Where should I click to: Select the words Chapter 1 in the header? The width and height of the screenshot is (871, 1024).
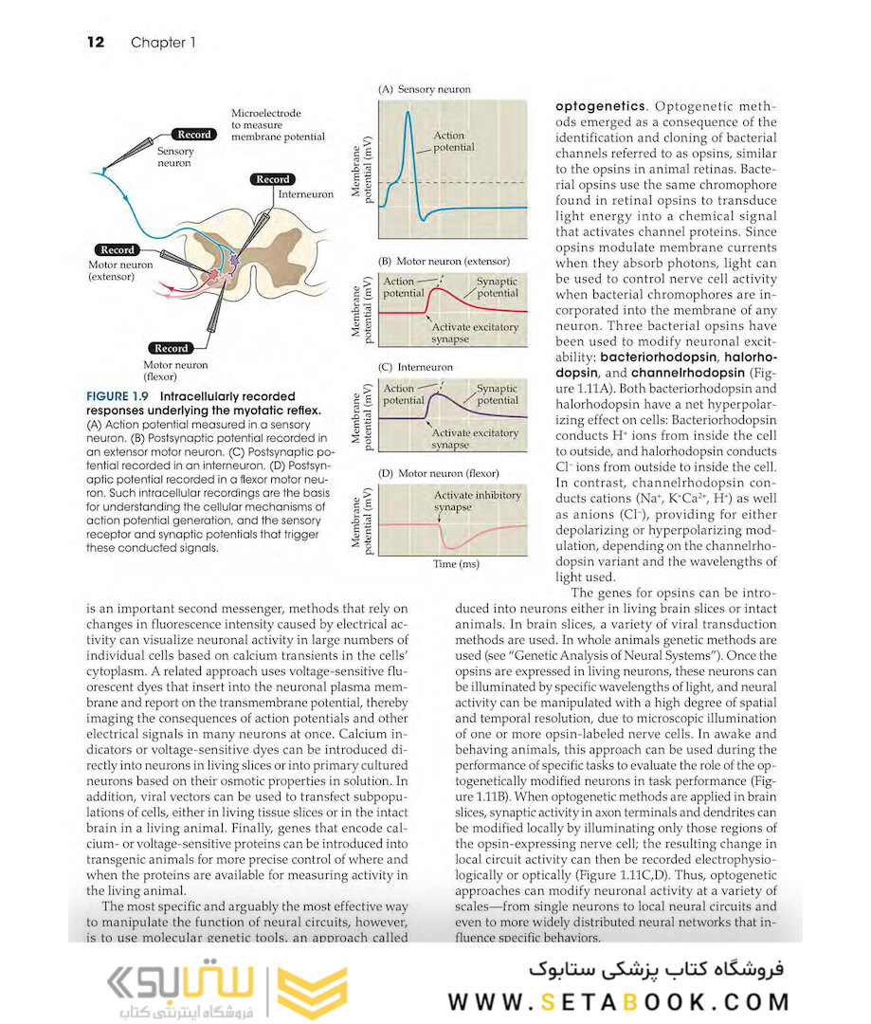tap(163, 43)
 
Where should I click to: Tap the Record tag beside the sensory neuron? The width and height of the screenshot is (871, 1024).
tap(194, 135)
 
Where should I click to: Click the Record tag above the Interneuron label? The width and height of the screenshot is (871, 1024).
tap(273, 179)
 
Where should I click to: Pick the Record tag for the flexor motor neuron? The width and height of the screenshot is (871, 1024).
tap(172, 348)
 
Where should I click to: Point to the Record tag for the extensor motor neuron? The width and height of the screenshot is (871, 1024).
tap(118, 250)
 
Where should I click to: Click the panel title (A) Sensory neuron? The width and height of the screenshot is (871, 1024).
tap(424, 89)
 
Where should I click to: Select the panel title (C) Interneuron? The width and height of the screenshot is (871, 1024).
tap(415, 367)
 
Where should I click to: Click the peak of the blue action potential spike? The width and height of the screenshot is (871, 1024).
tap(408, 113)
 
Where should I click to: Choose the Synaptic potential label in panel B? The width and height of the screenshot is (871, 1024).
tap(497, 287)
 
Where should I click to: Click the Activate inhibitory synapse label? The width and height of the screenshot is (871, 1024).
tap(477, 501)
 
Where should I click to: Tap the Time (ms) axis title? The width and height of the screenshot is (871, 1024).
tap(456, 564)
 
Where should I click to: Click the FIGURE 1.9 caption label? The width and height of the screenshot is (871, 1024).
tap(120, 396)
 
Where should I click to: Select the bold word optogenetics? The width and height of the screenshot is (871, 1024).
tap(601, 106)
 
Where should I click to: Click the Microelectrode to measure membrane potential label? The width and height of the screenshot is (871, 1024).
tap(278, 125)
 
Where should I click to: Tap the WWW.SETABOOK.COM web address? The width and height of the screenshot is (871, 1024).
tap(619, 1001)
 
